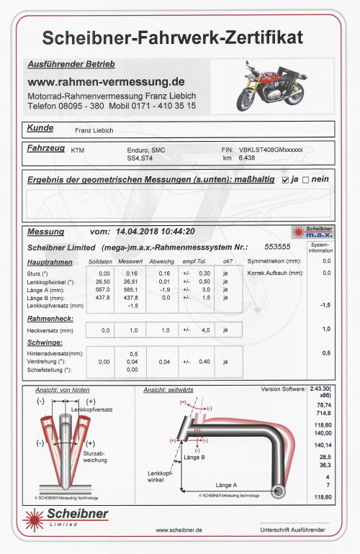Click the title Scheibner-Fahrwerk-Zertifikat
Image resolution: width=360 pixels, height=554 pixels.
coord(172,37)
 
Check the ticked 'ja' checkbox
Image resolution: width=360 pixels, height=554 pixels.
coord(286,179)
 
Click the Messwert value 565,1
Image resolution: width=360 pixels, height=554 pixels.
coord(130,290)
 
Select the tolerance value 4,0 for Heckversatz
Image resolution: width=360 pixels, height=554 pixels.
coord(204,330)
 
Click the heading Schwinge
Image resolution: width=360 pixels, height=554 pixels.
coord(45,343)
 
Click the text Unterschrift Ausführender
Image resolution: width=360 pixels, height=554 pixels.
coord(292,530)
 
